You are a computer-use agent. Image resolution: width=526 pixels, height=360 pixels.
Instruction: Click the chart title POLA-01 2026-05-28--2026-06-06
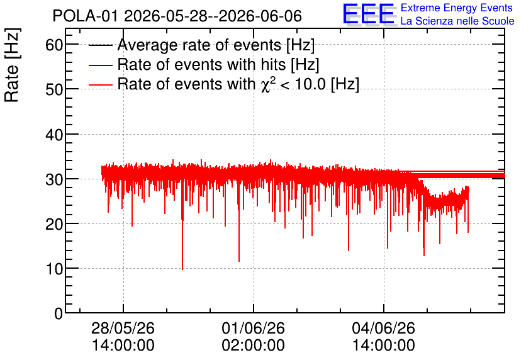pos(177,16)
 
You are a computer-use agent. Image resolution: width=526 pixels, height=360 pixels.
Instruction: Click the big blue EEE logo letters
pos(369,14)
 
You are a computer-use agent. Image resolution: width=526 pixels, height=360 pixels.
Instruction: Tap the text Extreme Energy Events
pos(457,8)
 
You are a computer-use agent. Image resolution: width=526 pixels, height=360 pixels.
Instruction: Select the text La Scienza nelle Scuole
pos(457,21)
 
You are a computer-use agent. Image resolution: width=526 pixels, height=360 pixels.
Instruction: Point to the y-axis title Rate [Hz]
pos(12,65)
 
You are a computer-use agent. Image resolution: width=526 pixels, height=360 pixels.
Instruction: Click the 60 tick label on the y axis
pos(54,45)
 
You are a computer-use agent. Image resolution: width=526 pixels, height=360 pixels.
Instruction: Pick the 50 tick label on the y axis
pos(54,89)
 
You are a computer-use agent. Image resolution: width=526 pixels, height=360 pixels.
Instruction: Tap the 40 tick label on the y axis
pos(54,135)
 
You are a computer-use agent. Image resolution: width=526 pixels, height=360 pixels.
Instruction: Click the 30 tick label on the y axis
pos(54,179)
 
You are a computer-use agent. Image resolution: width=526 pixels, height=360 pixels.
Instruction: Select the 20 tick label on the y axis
pos(54,224)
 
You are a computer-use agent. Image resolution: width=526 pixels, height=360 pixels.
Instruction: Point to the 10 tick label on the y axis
pos(54,269)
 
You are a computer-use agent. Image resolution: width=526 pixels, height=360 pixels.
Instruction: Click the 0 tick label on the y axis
pos(59,313)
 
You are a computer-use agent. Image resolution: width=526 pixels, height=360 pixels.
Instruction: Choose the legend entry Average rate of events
pos(216,45)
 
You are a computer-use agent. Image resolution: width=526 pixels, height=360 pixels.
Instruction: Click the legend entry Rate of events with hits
pos(218,64)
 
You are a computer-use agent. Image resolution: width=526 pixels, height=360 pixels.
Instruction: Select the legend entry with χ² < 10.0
pos(238,84)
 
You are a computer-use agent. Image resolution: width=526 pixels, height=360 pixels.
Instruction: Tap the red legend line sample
pos(101,84)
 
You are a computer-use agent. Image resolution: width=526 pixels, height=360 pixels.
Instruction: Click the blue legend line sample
pos(101,65)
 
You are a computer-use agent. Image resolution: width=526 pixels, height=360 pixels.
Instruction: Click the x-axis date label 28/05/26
pos(123,328)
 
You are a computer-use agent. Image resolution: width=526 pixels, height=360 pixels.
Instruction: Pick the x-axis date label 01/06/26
pos(254,328)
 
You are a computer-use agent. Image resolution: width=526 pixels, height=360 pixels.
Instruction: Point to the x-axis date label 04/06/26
pos(383,328)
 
